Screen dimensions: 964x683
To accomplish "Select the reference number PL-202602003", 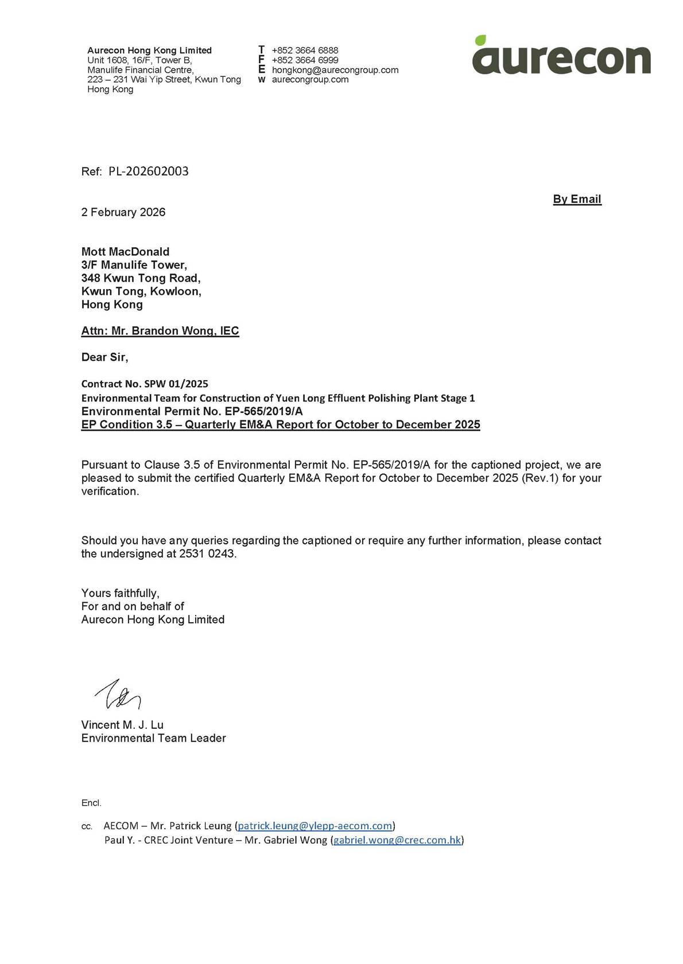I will click(148, 171).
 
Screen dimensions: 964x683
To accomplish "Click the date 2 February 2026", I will click(123, 212).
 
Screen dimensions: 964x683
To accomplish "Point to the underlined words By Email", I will click(577, 199).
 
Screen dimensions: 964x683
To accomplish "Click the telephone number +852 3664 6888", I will click(305, 50).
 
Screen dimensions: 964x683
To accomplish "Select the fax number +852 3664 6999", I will click(305, 60).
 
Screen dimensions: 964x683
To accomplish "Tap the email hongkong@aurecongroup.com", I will click(335, 70).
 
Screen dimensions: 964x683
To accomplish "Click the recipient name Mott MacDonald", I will click(125, 252).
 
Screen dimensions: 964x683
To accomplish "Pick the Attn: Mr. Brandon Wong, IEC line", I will click(160, 331).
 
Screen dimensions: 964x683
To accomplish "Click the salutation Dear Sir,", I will click(104, 357).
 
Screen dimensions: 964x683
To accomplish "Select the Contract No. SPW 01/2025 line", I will click(145, 384).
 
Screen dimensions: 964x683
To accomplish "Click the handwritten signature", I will click(118, 694).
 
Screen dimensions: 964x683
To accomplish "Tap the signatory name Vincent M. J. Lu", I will click(122, 725).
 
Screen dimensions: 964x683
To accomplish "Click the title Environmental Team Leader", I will click(153, 738).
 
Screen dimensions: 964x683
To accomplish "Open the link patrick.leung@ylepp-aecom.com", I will click(315, 826).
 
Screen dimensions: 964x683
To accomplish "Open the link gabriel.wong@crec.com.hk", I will click(397, 840).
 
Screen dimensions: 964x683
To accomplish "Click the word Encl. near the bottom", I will click(91, 803).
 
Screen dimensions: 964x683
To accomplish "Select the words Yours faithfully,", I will click(121, 593).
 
